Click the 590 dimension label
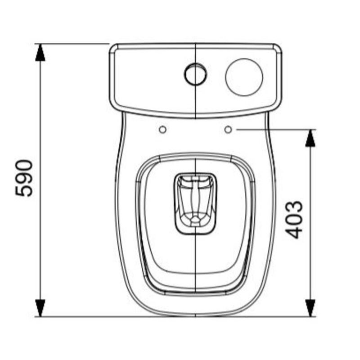click(25, 177)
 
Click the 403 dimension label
click(295, 219)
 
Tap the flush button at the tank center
click(195, 74)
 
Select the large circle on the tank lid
click(244, 76)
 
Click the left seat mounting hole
click(162, 130)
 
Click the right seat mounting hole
click(228, 130)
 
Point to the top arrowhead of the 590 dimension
click(40, 52)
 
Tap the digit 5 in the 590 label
click(25, 190)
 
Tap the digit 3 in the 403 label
click(295, 207)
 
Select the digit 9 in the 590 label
click(25, 177)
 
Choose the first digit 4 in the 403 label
click(295, 232)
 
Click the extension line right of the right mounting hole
click(274, 130)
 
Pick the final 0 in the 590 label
click(25, 165)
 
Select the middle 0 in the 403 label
click(295, 219)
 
